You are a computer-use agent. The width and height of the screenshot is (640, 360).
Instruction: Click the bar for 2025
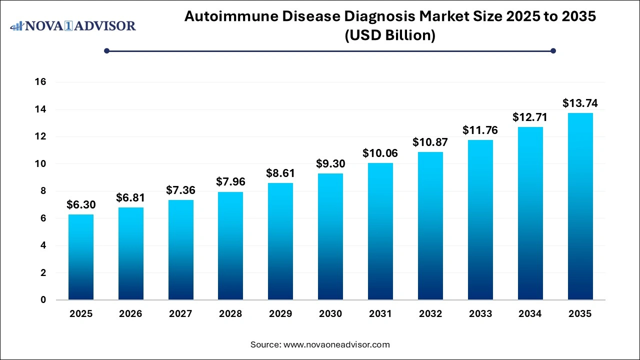[80, 257]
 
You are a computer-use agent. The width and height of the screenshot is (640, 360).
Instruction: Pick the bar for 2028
[230, 245]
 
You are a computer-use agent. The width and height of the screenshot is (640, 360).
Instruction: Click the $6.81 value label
[130, 198]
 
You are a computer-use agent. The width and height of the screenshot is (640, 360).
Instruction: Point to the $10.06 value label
[380, 153]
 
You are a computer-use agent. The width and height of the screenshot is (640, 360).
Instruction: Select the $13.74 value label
[580, 103]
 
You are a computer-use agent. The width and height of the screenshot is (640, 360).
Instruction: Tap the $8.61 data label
[280, 173]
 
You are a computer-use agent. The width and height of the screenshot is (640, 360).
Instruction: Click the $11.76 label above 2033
[480, 130]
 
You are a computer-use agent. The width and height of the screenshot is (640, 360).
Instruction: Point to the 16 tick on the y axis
[40, 82]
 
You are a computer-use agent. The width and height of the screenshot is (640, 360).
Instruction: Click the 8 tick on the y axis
[43, 191]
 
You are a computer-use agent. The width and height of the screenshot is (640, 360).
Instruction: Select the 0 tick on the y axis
[43, 300]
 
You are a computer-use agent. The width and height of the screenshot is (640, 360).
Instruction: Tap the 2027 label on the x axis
[180, 314]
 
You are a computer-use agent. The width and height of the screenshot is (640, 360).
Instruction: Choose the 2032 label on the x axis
[430, 314]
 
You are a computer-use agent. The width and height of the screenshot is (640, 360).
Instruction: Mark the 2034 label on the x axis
[530, 314]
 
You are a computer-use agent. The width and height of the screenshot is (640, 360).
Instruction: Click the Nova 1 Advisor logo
[73, 25]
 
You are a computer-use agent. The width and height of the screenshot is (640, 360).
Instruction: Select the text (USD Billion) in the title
[389, 35]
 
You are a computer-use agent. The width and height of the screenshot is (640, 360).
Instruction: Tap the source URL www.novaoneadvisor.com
[336, 344]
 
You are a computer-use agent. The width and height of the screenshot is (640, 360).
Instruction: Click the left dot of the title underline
[106, 50]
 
